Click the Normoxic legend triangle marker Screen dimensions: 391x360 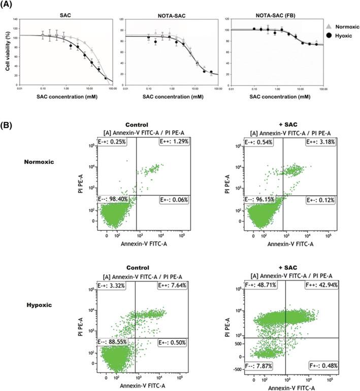pos(329,25)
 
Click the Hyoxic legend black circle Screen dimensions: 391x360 pos(329,35)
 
